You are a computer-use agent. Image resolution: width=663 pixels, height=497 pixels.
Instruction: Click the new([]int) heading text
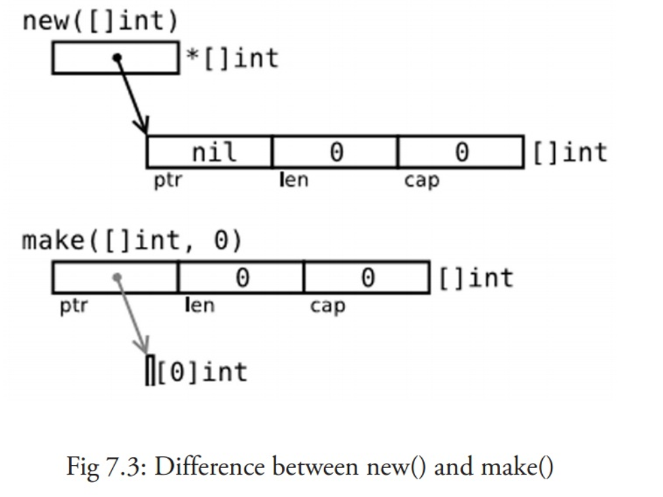pos(101,21)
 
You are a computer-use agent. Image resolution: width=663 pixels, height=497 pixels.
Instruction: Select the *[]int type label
pos(232,58)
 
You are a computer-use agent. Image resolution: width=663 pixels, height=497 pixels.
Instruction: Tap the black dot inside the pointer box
pos(117,58)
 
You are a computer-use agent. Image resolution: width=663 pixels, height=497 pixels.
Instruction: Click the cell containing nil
pos(209,152)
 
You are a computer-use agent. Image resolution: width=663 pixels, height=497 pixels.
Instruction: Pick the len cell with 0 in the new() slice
pos(336,152)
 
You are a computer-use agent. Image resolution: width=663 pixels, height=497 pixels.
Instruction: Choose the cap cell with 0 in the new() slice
pos(461,152)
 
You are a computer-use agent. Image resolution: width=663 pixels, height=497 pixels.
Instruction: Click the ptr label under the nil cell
pos(168,181)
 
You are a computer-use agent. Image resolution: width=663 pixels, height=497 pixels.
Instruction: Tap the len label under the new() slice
pos(294,180)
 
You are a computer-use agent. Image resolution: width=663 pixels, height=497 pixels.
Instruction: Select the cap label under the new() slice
pos(422,181)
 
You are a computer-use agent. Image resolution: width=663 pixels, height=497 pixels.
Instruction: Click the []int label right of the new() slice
pos(570,152)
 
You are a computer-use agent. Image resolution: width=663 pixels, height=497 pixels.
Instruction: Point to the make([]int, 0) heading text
pos(132,241)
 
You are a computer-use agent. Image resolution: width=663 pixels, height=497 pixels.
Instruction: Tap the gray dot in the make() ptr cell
pos(117,277)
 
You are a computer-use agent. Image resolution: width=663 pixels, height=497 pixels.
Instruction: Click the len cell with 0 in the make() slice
pos(241,277)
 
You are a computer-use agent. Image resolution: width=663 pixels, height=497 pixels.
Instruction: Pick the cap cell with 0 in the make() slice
pos(367,277)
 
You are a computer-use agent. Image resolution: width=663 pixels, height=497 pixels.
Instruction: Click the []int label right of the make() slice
pos(476,278)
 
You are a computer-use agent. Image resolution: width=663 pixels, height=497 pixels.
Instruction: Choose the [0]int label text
pos(202,373)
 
